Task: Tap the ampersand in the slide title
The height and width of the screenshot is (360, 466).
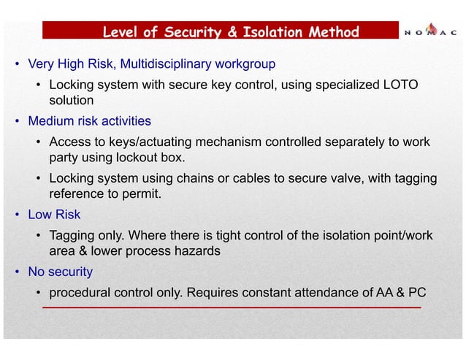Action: click(242, 31)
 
